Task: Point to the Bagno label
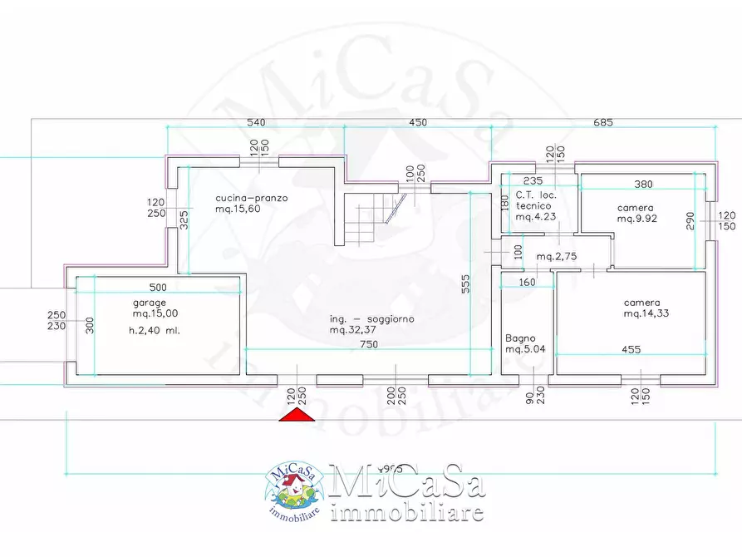point(521,338)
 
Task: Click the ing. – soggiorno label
point(371,318)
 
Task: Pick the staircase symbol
point(370,218)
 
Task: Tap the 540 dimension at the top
point(257,122)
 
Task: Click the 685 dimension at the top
point(602,122)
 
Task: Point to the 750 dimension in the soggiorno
point(359,346)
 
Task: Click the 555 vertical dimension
point(465,284)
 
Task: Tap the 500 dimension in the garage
point(158,288)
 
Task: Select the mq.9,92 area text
point(637,219)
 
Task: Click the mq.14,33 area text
point(646,313)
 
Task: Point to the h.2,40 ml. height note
point(154,330)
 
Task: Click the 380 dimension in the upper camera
point(643,185)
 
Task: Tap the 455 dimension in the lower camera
point(631,349)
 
